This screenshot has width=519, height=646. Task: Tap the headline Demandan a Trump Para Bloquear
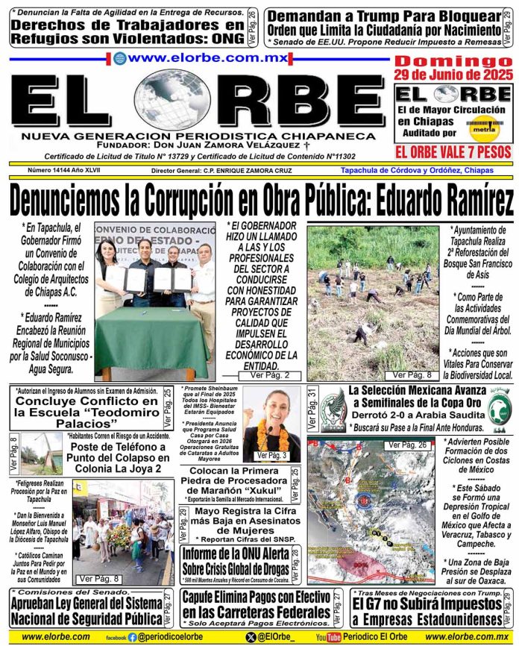click(384, 16)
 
